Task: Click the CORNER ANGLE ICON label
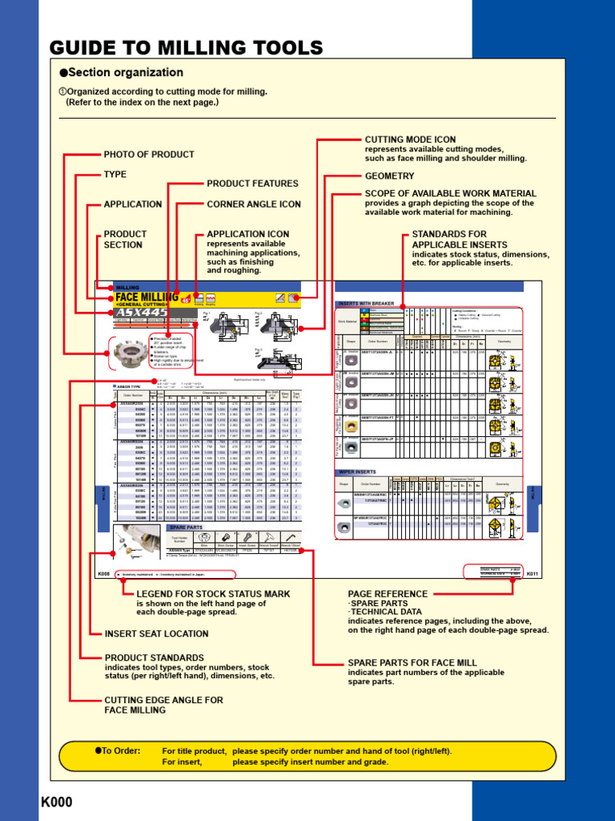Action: click(254, 204)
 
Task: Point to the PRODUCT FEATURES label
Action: click(252, 184)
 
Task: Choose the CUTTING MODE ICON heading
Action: click(410, 140)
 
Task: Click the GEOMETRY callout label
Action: click(390, 176)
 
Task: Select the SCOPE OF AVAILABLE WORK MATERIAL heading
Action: click(450, 194)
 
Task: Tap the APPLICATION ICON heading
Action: click(248, 234)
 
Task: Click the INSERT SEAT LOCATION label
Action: click(156, 633)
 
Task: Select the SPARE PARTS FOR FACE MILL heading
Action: click(412, 663)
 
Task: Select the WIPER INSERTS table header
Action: click(358, 472)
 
